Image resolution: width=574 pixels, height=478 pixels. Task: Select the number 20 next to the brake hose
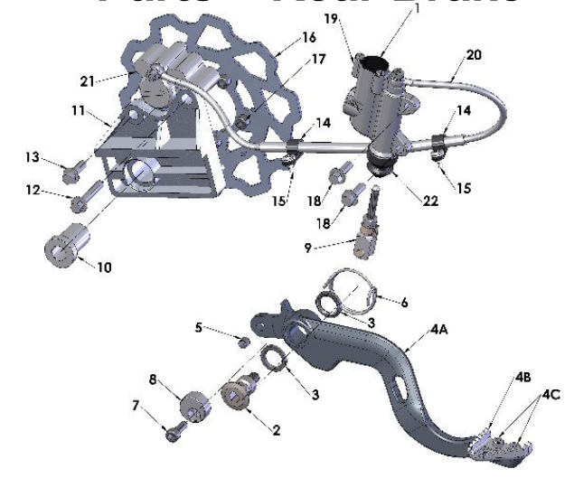[474, 54]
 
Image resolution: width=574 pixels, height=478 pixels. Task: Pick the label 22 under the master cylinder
[429, 202]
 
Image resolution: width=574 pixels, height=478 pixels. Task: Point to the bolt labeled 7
[174, 432]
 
